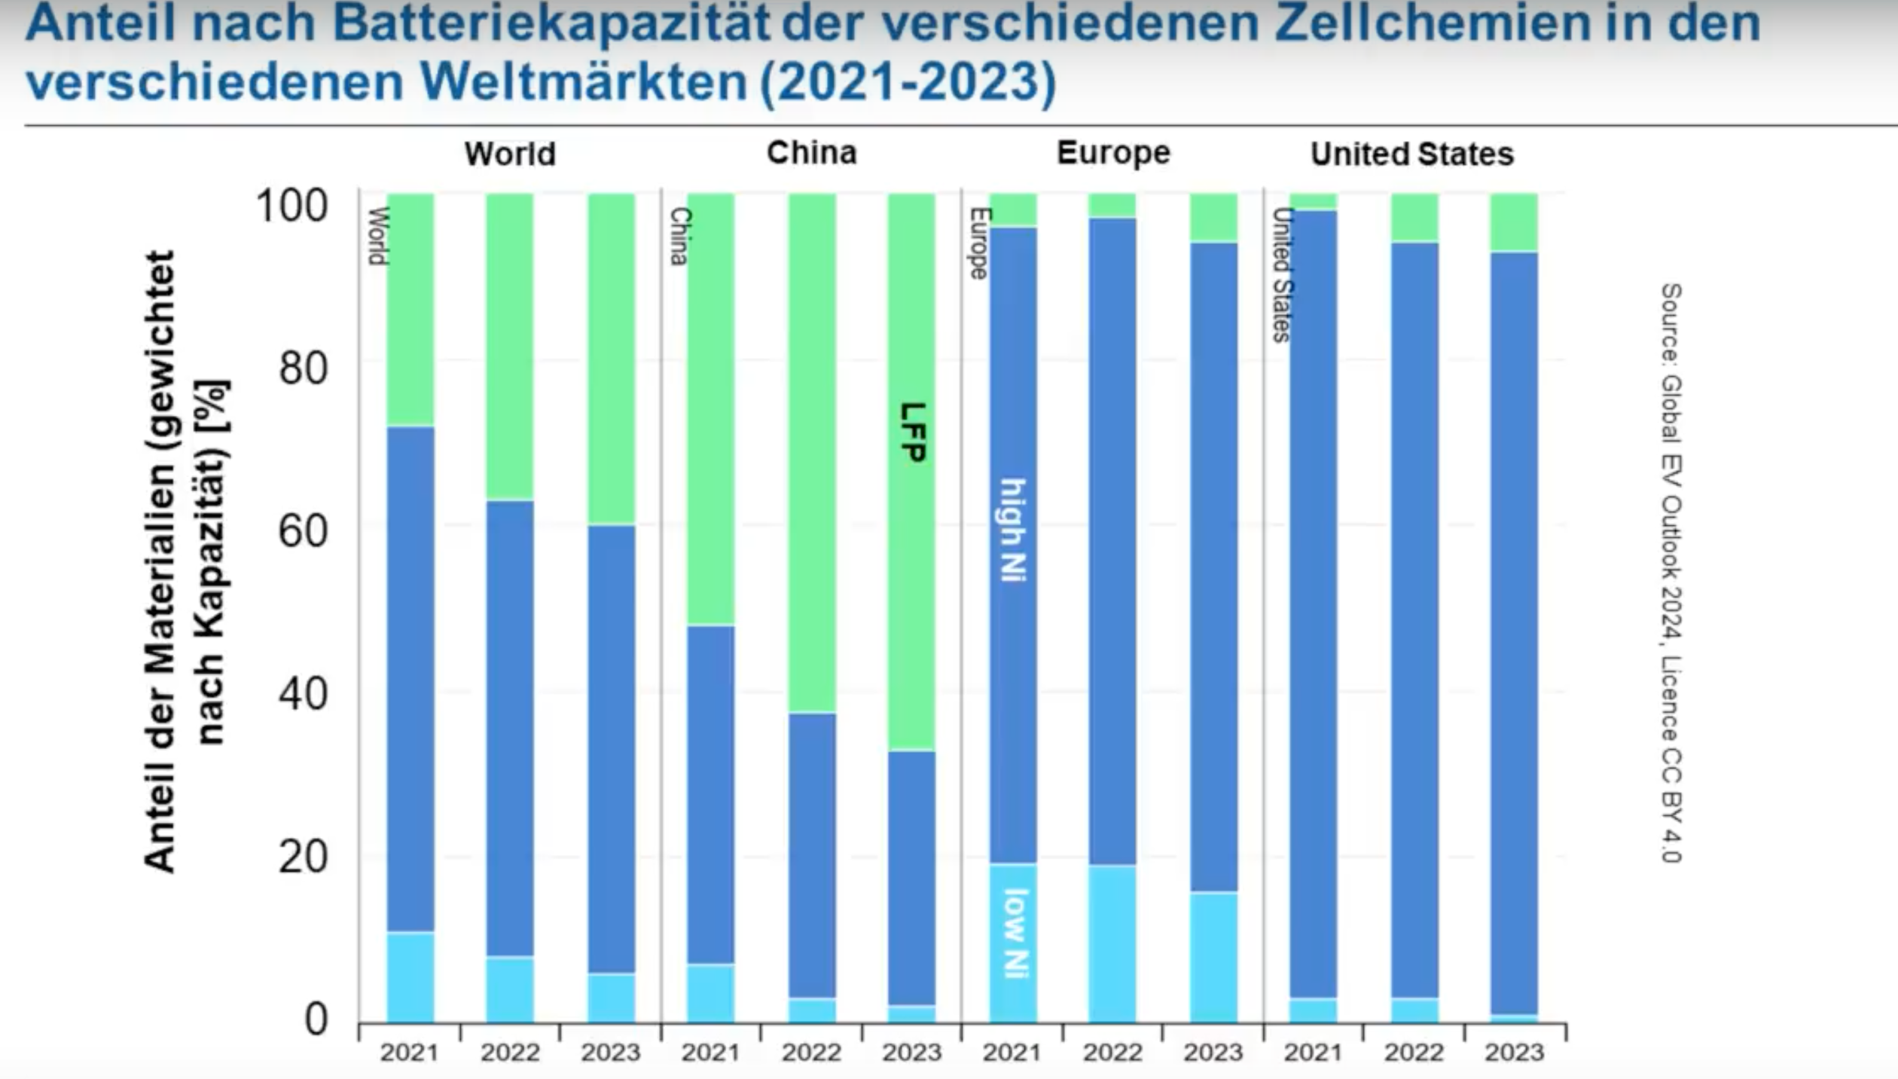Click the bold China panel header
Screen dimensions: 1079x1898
[811, 153]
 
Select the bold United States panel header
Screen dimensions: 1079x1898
[1411, 154]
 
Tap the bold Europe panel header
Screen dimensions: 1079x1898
[1113, 153]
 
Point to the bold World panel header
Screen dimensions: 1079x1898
[510, 154]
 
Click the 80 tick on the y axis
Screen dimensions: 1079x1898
[303, 368]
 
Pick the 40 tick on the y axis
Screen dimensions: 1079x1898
[303, 693]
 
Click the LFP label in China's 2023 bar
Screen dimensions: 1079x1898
[912, 432]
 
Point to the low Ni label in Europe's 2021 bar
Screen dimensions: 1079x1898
[1015, 934]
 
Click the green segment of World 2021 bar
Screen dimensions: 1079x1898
[410, 309]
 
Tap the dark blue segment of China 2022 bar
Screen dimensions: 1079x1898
[812, 855]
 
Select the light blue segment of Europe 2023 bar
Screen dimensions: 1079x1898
[1213, 957]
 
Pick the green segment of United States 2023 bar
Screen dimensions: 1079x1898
[1514, 222]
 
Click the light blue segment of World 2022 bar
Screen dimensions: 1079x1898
[510, 989]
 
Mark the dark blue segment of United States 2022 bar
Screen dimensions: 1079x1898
[1414, 618]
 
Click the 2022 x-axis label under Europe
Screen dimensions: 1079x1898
[1112, 1053]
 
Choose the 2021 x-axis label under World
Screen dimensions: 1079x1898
[409, 1053]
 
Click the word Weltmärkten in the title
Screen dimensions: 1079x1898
[584, 81]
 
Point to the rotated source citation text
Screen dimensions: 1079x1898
[1671, 573]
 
